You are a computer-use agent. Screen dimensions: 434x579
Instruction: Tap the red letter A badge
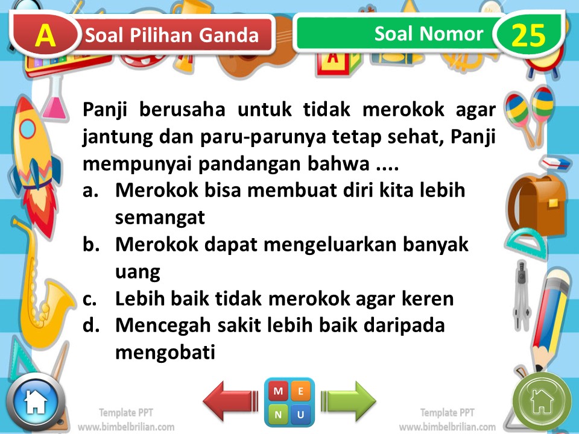point(45,35)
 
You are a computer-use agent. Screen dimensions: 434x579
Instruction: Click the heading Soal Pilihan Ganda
point(172,36)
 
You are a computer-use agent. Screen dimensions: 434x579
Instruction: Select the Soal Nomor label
point(428,34)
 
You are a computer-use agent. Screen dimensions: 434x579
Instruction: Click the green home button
point(541,400)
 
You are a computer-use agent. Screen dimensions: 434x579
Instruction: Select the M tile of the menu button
point(278,391)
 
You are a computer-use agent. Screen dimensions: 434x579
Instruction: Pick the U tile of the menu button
point(301,414)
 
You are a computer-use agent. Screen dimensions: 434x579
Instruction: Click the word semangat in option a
point(160,218)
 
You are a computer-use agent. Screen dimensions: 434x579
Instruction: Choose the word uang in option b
point(138,272)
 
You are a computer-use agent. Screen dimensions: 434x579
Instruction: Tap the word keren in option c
point(429,299)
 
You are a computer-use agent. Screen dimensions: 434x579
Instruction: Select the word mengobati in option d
point(165,352)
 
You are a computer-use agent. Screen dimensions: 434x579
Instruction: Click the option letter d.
point(90,325)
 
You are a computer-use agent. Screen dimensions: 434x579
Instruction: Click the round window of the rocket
point(28,128)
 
